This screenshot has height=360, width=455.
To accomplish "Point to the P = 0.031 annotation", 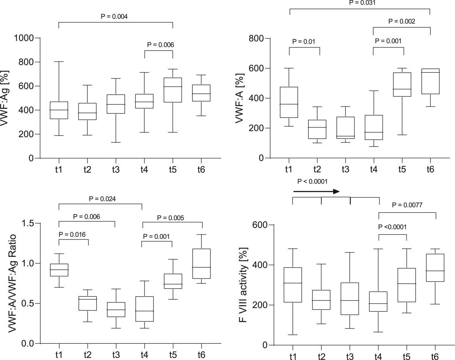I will pos(360,3).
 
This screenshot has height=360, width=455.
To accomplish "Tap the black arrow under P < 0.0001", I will pos(316,192).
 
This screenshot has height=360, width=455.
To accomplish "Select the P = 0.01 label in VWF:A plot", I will pos(304,41).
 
